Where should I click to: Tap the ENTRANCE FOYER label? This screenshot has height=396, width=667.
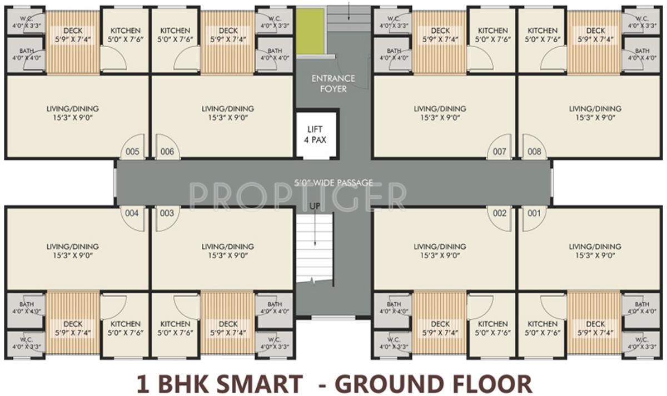pyautogui.click(x=333, y=83)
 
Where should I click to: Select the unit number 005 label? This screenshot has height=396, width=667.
pyautogui.click(x=132, y=152)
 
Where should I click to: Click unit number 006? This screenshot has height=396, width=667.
pyautogui.click(x=167, y=152)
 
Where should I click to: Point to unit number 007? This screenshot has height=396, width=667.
pyautogui.click(x=499, y=152)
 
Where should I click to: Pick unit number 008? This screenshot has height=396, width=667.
pyautogui.click(x=534, y=152)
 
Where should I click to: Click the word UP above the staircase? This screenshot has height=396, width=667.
pyautogui.click(x=315, y=206)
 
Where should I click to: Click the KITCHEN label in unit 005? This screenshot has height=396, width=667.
pyautogui.click(x=125, y=31)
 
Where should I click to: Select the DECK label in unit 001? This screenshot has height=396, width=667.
pyautogui.click(x=595, y=324)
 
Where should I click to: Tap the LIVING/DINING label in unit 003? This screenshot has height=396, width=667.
pyautogui.click(x=228, y=247)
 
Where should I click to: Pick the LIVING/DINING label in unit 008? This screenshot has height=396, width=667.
pyautogui.click(x=595, y=109)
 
